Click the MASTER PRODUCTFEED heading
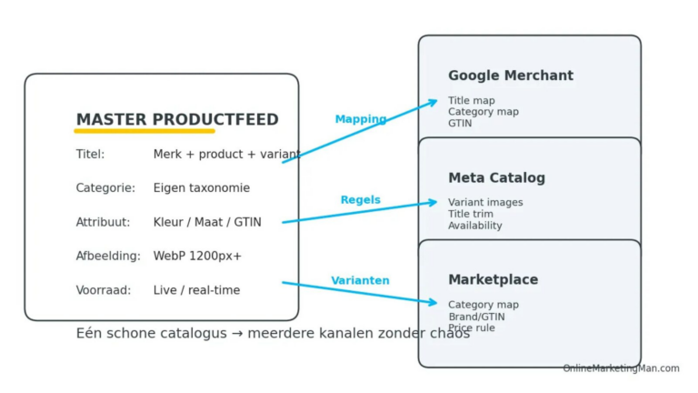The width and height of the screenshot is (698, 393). [x=177, y=120]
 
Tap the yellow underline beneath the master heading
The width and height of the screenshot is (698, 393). [x=145, y=132]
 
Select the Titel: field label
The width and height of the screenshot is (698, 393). [x=90, y=155]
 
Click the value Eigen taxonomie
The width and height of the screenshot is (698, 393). [x=201, y=188]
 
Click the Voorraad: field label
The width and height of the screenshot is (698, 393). [x=103, y=290]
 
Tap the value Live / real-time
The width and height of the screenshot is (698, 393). [x=196, y=290]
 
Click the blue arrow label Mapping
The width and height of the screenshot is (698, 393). [x=360, y=119]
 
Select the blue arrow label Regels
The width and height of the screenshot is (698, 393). [x=360, y=200]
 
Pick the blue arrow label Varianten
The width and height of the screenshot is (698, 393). [x=360, y=280]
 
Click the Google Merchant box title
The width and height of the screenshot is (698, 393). [x=510, y=76]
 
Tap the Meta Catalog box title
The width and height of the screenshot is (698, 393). [x=496, y=178]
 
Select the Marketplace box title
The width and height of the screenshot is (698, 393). [x=493, y=280]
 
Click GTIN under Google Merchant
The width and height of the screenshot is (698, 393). [x=460, y=124]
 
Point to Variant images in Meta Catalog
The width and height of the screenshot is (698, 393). [x=485, y=203]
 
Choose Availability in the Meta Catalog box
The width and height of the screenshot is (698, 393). [x=474, y=226]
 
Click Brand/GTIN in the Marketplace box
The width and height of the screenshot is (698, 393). [x=476, y=317]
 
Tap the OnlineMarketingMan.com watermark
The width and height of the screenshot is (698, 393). [x=621, y=368]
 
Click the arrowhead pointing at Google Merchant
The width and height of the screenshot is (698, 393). [x=433, y=102]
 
